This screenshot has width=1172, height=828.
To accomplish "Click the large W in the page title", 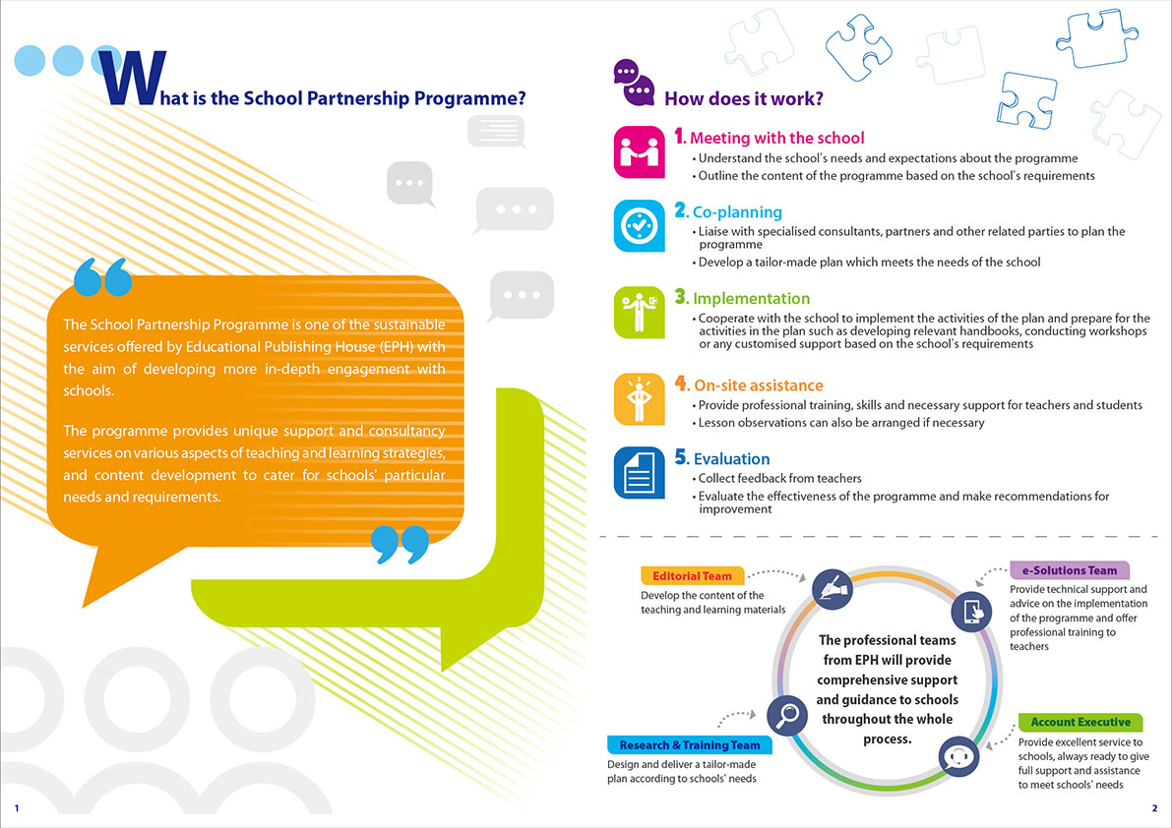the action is tap(132, 78).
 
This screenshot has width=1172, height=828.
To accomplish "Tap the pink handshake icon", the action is tap(639, 152).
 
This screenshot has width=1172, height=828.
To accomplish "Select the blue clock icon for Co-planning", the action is tap(639, 225).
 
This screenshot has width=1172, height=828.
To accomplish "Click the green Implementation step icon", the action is tap(639, 312).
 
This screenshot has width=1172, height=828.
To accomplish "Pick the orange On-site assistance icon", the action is tap(639, 399).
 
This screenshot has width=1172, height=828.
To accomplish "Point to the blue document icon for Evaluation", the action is tap(639, 473).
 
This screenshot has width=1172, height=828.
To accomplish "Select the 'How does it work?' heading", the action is tap(744, 98).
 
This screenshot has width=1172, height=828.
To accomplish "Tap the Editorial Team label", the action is tap(692, 575).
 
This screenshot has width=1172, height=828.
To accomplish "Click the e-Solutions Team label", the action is tap(1070, 570).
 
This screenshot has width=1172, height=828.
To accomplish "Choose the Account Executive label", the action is tap(1080, 722).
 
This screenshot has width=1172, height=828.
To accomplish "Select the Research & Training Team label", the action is tap(689, 745).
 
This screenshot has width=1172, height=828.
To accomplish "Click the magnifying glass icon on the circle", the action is tap(787, 715).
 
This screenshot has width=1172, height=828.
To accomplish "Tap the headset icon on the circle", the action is tap(959, 756).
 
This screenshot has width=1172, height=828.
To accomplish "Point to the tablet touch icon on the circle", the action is tap(971, 611).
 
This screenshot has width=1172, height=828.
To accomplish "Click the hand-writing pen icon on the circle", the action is tap(833, 588).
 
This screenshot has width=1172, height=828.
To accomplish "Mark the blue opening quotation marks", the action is tap(103, 277).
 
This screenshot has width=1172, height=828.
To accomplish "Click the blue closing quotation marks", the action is tap(400, 544).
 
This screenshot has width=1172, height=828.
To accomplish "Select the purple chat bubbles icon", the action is tap(634, 83).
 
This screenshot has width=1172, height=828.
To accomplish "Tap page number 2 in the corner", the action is tap(1155, 808).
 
